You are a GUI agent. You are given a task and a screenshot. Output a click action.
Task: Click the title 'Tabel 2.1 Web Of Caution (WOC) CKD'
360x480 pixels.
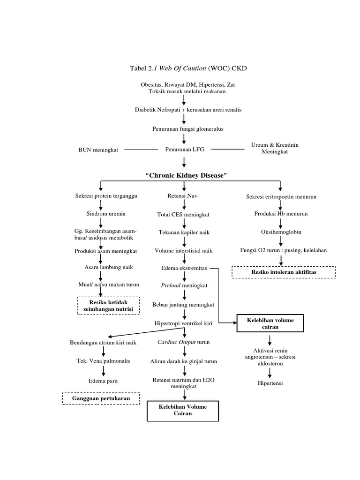[187, 68]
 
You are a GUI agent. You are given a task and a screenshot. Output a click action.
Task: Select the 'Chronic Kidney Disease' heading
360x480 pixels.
[187, 175]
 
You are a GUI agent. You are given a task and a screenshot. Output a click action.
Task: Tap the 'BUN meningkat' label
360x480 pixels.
[98, 150]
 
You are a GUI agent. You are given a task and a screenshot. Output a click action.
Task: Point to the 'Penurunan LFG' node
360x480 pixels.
[184, 149]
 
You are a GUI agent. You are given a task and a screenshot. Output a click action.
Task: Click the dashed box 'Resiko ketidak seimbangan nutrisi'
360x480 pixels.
[108, 306]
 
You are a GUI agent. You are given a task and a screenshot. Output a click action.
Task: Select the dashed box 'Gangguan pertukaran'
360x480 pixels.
[101, 398]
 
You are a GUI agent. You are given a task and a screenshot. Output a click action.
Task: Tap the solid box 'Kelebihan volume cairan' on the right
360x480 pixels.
[271, 323]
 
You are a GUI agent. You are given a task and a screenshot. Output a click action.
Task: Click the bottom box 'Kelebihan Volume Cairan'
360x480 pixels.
[184, 410]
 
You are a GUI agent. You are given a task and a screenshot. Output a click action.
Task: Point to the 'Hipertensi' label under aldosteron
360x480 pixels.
[270, 383]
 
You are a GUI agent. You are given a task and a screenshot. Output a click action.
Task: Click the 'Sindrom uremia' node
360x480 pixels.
[106, 214]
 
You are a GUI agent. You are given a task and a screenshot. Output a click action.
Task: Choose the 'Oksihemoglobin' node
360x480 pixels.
[281, 232]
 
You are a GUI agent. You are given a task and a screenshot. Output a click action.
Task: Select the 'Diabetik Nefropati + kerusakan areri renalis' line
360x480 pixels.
[187, 109]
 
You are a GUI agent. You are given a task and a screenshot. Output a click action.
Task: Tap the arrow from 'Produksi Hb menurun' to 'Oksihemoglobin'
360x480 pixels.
[280, 222]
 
